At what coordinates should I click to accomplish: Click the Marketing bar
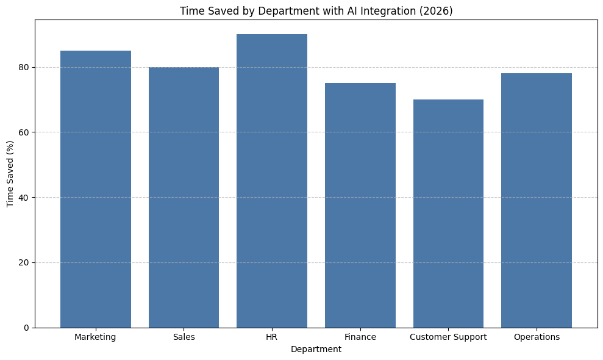(x=96, y=189)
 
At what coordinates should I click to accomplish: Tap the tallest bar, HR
(x=272, y=181)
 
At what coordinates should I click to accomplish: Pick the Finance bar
(x=360, y=205)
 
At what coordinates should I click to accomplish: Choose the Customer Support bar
(x=448, y=214)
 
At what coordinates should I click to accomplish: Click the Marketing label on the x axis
(x=95, y=337)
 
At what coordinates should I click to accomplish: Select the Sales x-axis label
(x=184, y=337)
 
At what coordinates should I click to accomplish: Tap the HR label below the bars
(x=272, y=337)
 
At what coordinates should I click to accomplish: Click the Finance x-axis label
(x=360, y=337)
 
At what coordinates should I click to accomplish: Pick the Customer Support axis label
(x=448, y=337)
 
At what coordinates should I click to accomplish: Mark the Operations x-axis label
(x=537, y=337)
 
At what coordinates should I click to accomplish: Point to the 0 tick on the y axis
(x=27, y=328)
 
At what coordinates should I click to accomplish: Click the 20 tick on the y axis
(x=24, y=262)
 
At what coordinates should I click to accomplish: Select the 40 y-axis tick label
(x=24, y=197)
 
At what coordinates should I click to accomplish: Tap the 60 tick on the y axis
(x=24, y=132)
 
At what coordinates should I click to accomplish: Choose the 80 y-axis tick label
(x=24, y=67)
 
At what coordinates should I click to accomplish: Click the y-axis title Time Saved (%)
(x=10, y=173)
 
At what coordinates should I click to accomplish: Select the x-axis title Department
(x=316, y=349)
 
